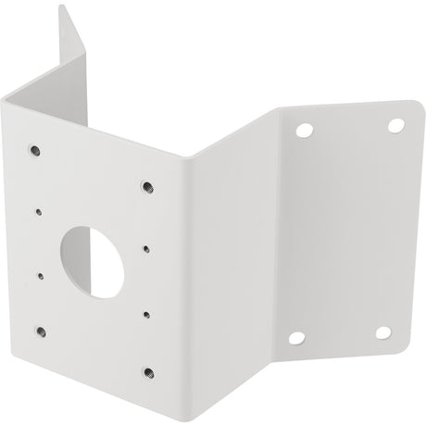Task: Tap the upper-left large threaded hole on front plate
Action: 34,149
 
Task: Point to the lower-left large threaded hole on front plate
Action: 40,330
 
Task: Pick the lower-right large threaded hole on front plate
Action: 148,373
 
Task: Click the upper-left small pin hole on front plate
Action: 38,211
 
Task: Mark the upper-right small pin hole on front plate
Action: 146,248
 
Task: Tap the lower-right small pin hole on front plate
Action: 147,313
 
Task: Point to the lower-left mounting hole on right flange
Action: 296,338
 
